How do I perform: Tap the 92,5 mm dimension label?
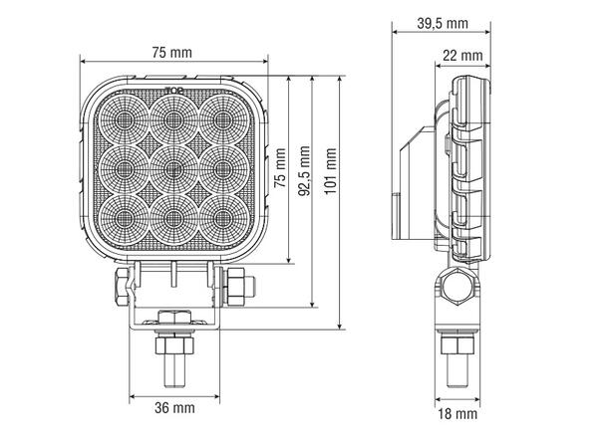point(304,169)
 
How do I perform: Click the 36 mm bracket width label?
point(175,407)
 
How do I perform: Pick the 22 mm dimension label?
point(464,55)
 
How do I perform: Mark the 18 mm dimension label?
point(458,411)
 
